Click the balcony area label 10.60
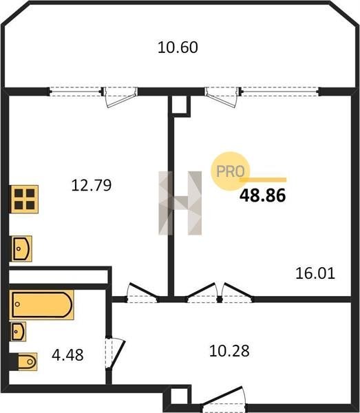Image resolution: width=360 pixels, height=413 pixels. [x=178, y=47]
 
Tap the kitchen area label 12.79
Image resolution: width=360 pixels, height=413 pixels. [x=92, y=185]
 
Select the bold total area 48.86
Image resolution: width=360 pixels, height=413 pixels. [x=262, y=195]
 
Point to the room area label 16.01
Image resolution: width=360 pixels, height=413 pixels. [x=315, y=273]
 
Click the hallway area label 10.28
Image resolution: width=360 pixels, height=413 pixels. [x=229, y=351]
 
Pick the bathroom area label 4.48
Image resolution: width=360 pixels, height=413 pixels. [x=67, y=354]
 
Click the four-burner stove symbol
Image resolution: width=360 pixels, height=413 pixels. [x=24, y=199]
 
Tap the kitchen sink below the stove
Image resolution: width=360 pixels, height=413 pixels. [x=21, y=248]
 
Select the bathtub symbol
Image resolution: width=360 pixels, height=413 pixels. [x=41, y=305]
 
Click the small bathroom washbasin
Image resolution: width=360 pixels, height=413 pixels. [x=18, y=331]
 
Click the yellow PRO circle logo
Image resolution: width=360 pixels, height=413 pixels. [x=231, y=171]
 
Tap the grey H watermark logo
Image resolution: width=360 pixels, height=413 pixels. [x=180, y=203]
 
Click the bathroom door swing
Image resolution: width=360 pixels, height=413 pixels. [x=114, y=353]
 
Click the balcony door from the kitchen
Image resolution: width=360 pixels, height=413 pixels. [x=120, y=97]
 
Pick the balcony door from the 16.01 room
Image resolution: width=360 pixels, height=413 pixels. [x=222, y=97]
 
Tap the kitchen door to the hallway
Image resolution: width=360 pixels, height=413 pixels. [x=142, y=293]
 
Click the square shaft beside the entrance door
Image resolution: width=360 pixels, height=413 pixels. [x=179, y=396]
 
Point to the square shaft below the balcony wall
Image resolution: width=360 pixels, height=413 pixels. [x=181, y=105]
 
